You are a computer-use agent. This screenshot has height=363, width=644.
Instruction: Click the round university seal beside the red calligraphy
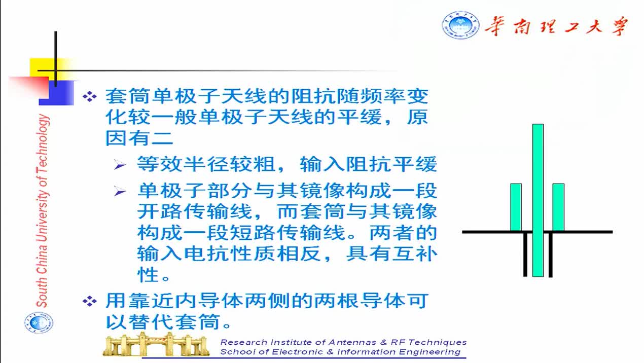pos(460,25)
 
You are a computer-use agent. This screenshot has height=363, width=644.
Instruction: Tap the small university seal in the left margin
pos(39,323)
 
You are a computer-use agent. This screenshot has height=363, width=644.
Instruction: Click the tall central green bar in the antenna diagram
pos(538,200)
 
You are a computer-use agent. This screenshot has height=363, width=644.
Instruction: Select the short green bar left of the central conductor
pos(516,207)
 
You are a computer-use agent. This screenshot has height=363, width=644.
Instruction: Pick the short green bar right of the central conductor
pos(558,207)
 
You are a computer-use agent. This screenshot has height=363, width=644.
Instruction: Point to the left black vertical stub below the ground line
pos(525,255)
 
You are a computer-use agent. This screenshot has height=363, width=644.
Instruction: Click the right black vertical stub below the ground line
pos(550,255)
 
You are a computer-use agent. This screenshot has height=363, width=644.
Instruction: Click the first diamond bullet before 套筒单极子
pos(90,96)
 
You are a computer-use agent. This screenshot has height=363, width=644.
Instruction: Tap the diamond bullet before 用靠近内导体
pos(90,301)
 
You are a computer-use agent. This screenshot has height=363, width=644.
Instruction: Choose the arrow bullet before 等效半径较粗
pos(120,165)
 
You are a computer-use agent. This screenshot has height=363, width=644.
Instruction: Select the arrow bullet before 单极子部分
pos(120,191)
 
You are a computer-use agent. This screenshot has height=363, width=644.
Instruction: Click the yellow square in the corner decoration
pos(43,68)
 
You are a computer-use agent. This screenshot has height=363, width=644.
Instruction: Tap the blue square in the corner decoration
pos(56,93)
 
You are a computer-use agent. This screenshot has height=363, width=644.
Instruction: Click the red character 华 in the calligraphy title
pos(495,26)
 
